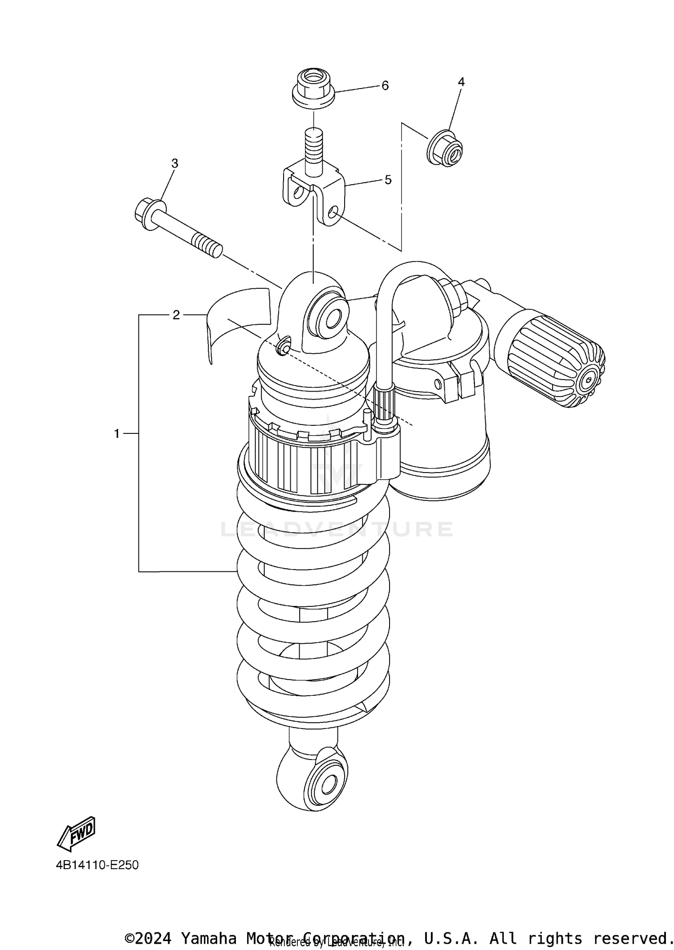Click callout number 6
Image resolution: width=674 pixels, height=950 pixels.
[385, 86]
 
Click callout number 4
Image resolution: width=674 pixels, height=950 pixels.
[461, 82]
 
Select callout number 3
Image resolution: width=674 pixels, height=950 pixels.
[175, 163]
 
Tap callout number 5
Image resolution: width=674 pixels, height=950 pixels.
[388, 180]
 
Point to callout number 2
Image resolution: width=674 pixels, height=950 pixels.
[176, 315]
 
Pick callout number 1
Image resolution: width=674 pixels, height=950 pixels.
[117, 434]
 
